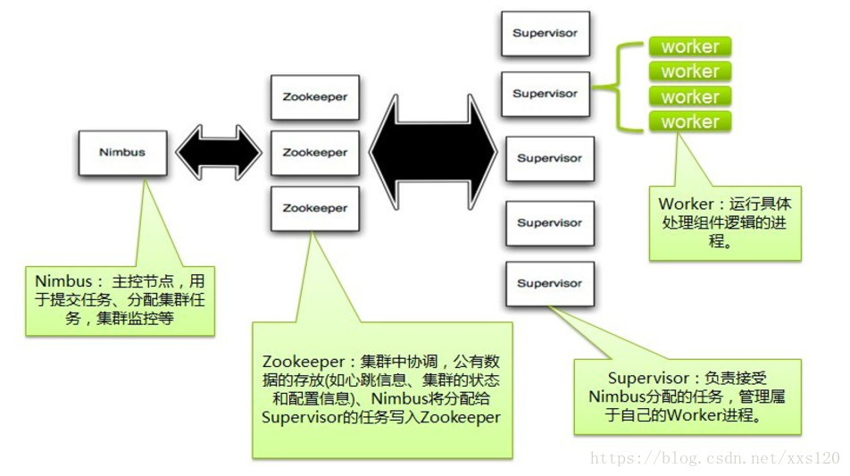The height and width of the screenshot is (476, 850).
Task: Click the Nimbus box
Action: (121, 153)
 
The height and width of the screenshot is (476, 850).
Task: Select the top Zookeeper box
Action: (314, 97)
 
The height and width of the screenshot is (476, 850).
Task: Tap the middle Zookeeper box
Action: (314, 153)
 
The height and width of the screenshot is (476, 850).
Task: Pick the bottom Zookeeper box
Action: (314, 208)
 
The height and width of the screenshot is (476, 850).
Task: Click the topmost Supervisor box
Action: (545, 34)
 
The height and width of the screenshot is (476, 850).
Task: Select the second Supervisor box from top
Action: (545, 94)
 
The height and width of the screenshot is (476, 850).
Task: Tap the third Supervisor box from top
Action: (549, 159)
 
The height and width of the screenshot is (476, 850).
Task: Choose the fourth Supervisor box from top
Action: (549, 223)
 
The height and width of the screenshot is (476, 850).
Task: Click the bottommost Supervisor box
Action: (549, 283)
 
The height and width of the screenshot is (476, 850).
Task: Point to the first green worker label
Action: (689, 46)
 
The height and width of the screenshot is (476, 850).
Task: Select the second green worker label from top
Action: (689, 71)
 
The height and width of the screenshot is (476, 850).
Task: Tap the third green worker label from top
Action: (689, 96)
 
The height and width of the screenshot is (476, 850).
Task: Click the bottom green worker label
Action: (689, 121)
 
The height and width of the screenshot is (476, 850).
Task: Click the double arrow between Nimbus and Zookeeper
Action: (218, 153)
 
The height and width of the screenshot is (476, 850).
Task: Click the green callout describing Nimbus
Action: (120, 299)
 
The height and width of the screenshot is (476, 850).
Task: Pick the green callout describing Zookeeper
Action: (381, 388)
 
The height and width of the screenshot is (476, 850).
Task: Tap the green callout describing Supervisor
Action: (687, 397)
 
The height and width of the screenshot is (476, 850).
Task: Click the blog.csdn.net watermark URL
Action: (715, 458)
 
